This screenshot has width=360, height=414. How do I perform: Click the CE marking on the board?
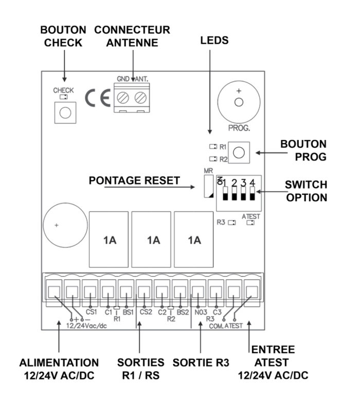point(97,98)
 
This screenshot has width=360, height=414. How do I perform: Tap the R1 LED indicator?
point(213,147)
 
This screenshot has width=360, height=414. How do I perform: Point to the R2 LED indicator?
point(213,159)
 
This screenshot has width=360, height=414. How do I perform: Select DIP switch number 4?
point(252,196)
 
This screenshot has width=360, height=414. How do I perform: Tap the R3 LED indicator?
point(232,223)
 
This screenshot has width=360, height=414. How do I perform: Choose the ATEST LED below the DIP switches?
point(250,223)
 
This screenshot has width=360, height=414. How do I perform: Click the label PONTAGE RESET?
point(134,181)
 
